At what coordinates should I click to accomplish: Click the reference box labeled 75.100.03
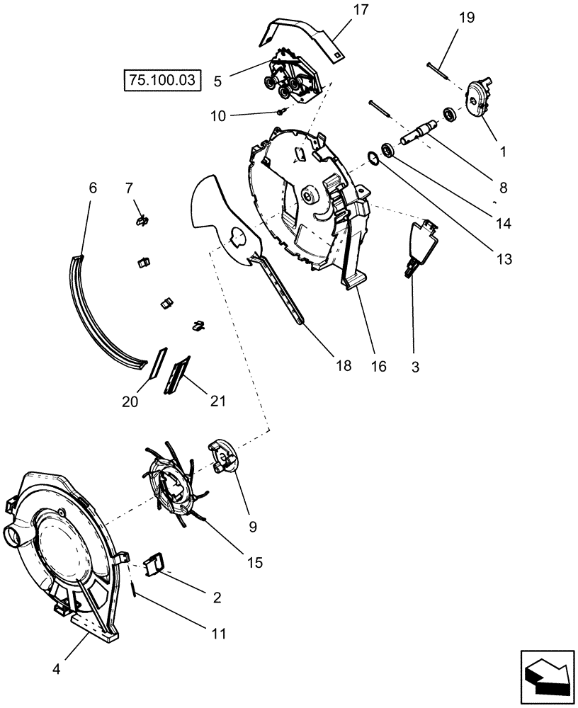tap(162, 80)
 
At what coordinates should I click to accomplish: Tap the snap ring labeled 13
tap(372, 157)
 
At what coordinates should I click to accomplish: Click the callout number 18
tap(344, 366)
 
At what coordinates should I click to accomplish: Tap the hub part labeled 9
tap(224, 459)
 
